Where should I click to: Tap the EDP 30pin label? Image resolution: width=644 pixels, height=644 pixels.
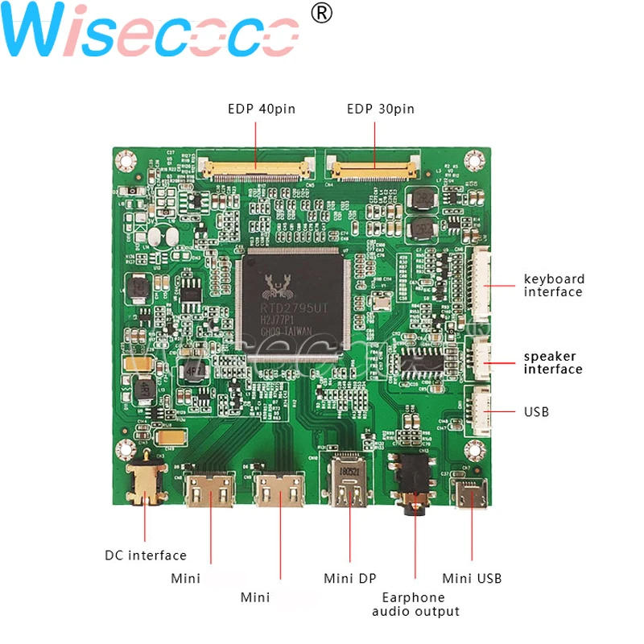point(381,109)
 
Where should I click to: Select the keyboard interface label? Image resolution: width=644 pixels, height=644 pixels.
point(554,286)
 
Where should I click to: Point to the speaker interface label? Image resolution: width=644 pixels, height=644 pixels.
point(553,363)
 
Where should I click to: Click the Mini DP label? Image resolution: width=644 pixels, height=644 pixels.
point(350,578)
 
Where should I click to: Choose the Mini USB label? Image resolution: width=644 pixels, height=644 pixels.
point(472,578)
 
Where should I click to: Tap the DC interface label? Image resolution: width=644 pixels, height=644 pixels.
point(146,555)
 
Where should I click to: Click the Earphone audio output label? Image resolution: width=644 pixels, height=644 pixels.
point(415,605)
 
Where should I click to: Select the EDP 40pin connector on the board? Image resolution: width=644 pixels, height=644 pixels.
point(257,169)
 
